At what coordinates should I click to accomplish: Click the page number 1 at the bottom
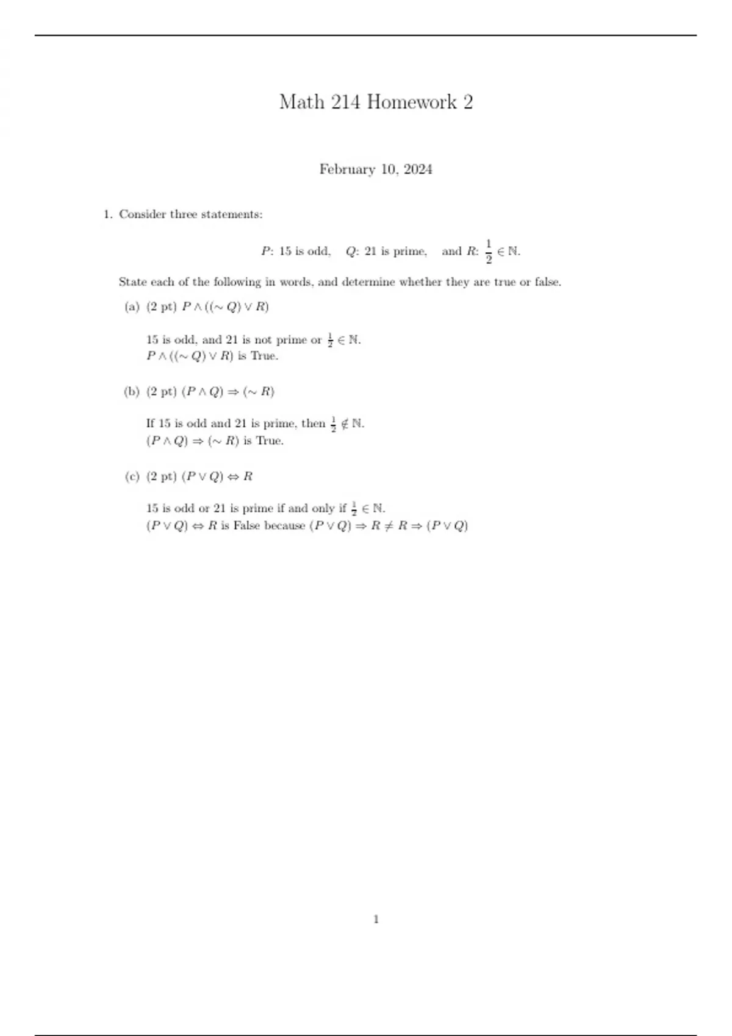[x=376, y=919]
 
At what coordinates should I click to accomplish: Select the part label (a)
[x=132, y=307]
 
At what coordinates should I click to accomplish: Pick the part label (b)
[x=132, y=392]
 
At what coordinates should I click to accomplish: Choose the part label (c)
[x=132, y=477]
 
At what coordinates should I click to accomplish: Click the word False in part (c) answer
[x=246, y=525]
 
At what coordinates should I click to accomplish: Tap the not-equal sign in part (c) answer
[x=389, y=525]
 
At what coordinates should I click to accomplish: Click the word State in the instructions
[x=132, y=282]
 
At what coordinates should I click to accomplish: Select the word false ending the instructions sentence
[x=547, y=282]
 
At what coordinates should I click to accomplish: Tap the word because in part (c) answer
[x=284, y=525]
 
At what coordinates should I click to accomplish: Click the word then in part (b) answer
[x=313, y=424]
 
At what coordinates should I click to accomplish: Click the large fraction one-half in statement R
[x=489, y=252]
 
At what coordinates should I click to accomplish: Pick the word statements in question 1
[x=232, y=215]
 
